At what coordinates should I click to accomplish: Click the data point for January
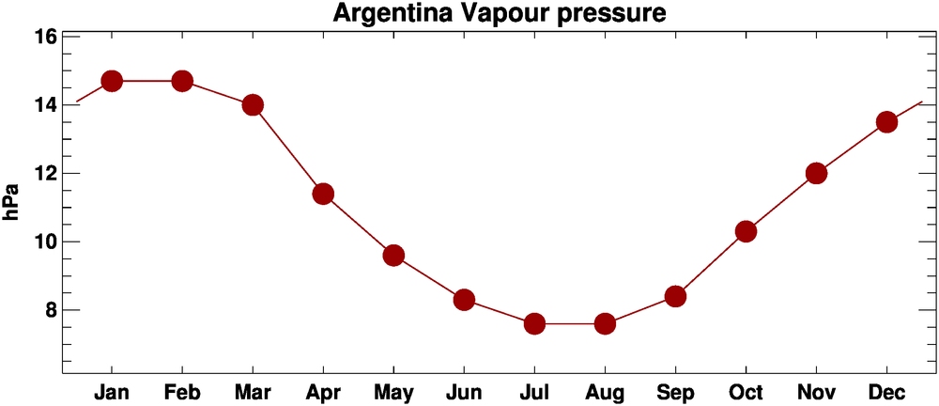pos(112,81)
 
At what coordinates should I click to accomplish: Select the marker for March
pos(253,104)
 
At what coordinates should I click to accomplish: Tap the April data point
pos(323,194)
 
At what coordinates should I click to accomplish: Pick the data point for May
pos(393,256)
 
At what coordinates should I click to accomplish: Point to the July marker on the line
pos(534,323)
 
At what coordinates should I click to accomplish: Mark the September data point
pos(675,296)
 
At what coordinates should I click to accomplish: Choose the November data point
pos(816,173)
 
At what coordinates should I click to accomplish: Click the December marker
pos(886,122)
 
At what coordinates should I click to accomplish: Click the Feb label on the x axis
pos(182,391)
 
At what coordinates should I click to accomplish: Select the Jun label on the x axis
pos(464,391)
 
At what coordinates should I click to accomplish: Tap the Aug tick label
pos(605,391)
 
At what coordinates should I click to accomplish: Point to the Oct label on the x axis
pos(746,391)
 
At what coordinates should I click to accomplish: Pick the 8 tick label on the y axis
pos(51,310)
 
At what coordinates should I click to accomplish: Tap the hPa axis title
pos(12,201)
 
